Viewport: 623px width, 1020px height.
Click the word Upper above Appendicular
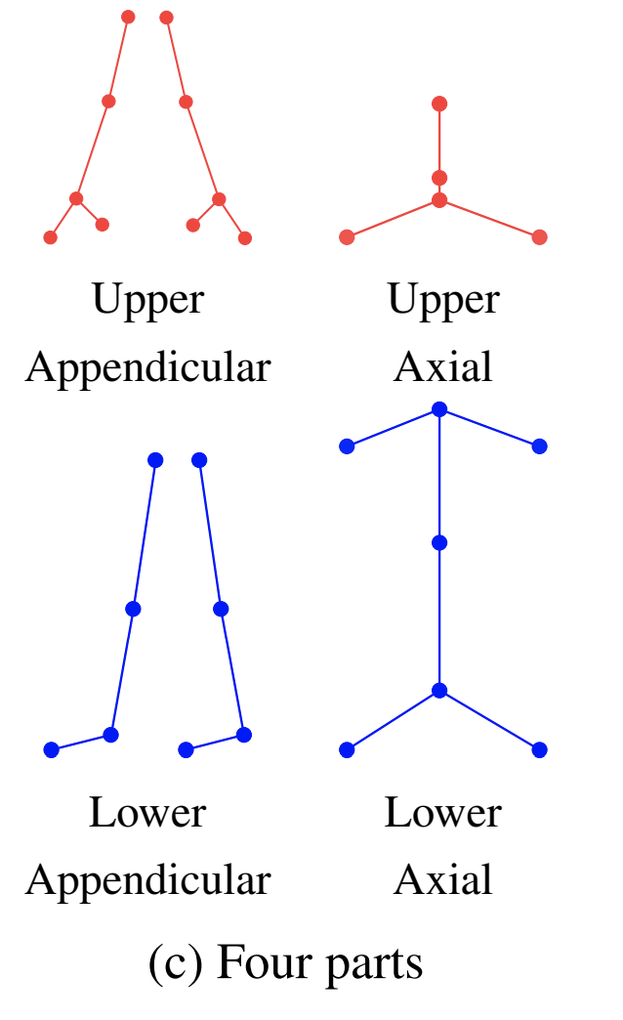(148, 299)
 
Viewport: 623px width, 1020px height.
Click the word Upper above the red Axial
(443, 299)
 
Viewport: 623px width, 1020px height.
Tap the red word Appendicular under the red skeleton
(148, 367)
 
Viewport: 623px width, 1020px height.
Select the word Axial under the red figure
(443, 367)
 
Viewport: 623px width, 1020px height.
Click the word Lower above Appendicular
(147, 813)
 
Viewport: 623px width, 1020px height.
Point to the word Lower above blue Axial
(442, 813)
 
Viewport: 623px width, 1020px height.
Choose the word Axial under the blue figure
(443, 880)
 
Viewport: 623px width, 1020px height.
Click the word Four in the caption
(256, 963)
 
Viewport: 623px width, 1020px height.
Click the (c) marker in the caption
(176, 964)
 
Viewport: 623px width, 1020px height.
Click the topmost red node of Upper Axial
(439, 104)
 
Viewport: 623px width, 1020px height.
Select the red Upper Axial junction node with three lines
(439, 199)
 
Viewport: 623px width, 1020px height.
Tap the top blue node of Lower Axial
(439, 410)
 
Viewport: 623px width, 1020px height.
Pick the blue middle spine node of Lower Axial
(439, 542)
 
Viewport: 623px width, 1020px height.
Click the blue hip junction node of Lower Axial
(439, 691)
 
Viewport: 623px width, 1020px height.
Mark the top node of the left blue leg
(155, 460)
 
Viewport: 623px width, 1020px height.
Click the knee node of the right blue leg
(221, 609)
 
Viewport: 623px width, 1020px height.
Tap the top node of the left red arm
(128, 17)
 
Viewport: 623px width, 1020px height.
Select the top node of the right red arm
(166, 18)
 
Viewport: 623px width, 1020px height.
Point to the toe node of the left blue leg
(52, 750)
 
